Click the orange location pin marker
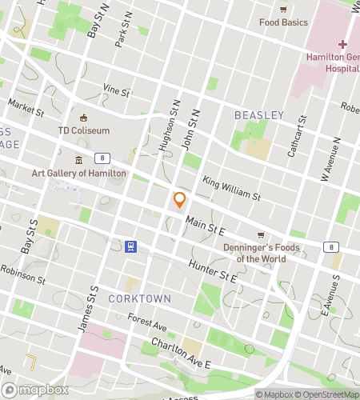180,200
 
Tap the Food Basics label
283,22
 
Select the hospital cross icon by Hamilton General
342,44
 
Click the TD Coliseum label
84,130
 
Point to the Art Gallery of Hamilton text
78,173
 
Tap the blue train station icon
129,246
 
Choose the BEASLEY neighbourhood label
258,115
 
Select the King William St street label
232,189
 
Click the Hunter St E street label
213,272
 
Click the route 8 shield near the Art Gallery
102,158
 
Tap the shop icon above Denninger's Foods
262,234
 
